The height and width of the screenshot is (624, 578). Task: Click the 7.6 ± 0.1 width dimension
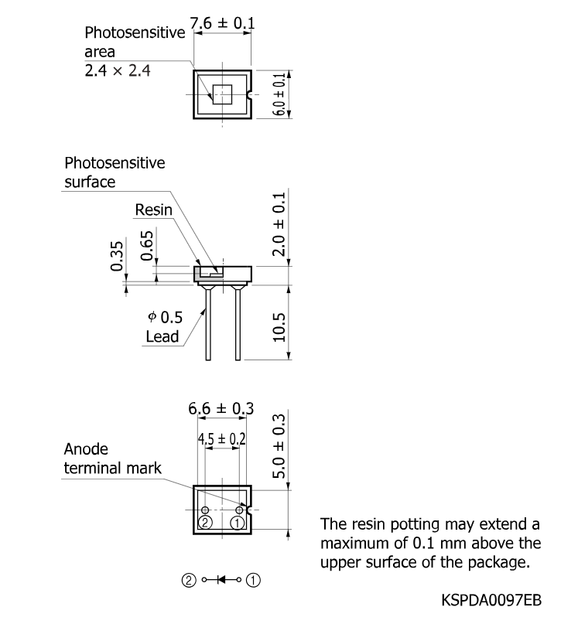(x=222, y=22)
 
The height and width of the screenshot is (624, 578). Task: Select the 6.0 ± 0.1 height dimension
(x=279, y=94)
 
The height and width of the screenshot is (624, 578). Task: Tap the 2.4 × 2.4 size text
(x=118, y=70)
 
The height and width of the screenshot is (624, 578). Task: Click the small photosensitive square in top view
(x=222, y=94)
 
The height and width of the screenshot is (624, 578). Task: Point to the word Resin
(x=153, y=210)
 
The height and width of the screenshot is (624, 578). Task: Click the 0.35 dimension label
(x=117, y=256)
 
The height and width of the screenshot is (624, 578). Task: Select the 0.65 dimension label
(x=147, y=246)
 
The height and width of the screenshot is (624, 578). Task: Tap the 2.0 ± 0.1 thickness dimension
(x=279, y=224)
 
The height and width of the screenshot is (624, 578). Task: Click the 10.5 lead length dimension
(x=279, y=327)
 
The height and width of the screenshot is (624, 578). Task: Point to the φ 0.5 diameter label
(x=165, y=317)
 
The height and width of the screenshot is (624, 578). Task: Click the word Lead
(x=162, y=336)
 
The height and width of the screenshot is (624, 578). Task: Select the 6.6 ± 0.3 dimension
(x=221, y=408)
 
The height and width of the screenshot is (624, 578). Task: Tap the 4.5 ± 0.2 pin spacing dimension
(x=222, y=438)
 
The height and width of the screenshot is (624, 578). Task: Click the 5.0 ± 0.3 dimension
(x=279, y=446)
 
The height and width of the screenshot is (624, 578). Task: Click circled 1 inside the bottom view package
(x=238, y=523)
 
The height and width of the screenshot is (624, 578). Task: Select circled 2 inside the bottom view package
(x=205, y=523)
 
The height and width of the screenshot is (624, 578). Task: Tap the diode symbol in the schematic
(x=221, y=580)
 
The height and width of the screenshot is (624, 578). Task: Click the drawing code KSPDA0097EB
(x=491, y=600)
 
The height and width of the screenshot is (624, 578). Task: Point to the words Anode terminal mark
(x=113, y=459)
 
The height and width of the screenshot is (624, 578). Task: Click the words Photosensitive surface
(x=115, y=172)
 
